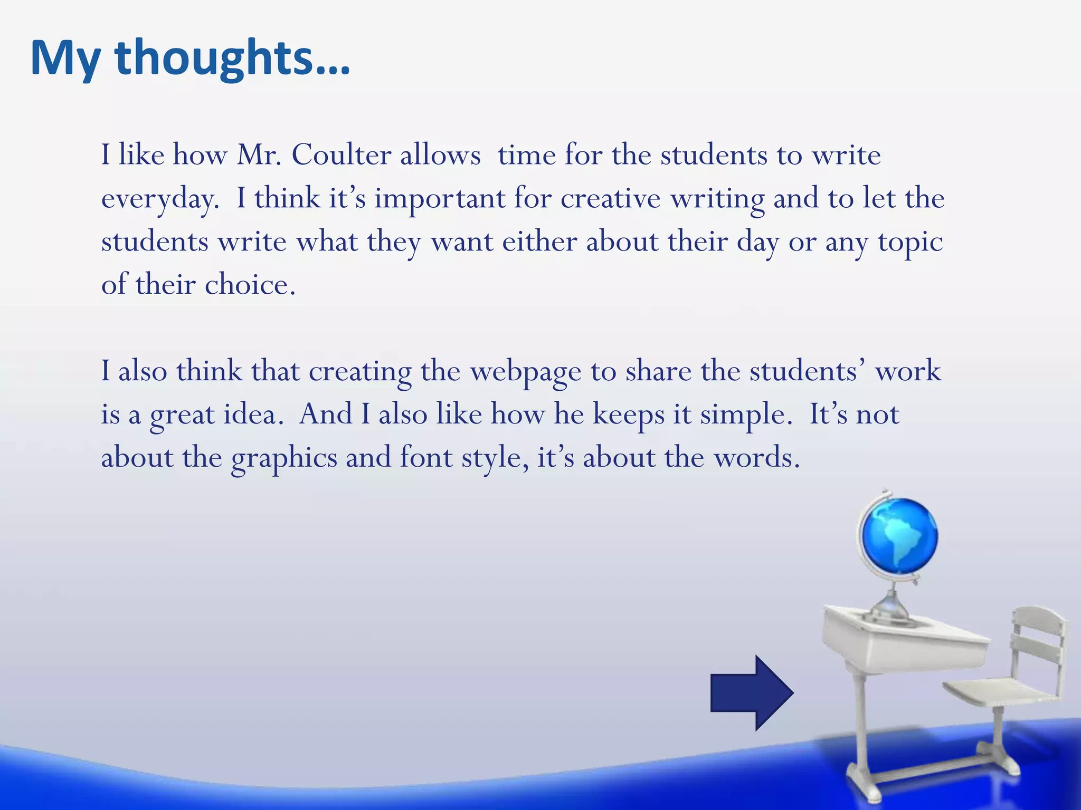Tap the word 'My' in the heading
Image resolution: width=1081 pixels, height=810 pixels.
click(65, 59)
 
